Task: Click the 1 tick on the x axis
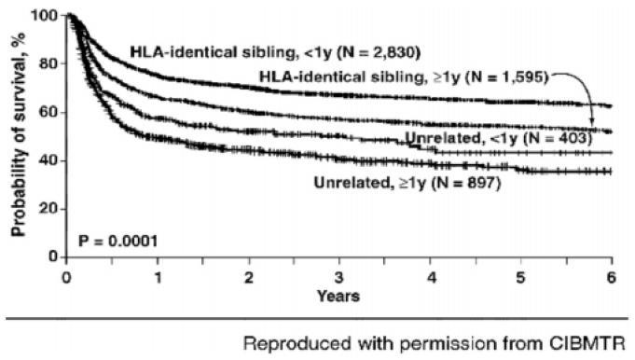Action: point(158,277)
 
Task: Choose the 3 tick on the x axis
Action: point(339,277)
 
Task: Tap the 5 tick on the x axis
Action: point(520,277)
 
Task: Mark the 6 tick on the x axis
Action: point(611,277)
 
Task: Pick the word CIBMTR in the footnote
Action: point(589,342)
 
